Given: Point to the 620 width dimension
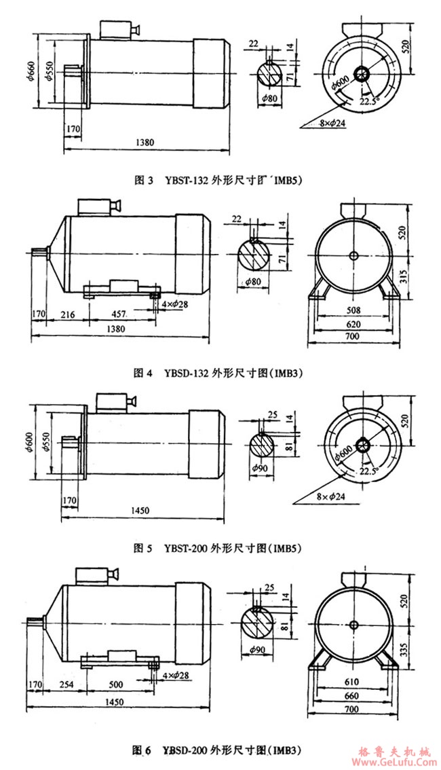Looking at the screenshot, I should point(352,325).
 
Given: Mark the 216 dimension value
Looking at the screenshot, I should point(66,315).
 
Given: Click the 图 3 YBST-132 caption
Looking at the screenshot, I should point(216,181).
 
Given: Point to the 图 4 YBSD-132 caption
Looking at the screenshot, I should point(217,373).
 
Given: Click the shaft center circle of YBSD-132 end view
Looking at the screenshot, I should point(353,255).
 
